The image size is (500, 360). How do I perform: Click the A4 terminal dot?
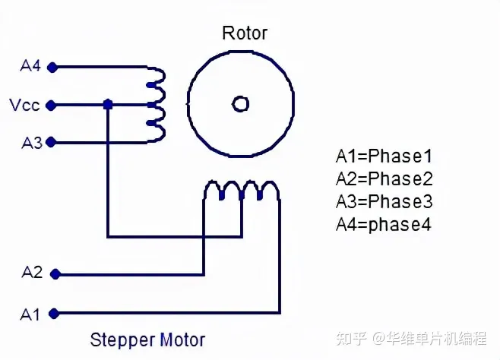(52, 68)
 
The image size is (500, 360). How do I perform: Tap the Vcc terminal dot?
(51, 105)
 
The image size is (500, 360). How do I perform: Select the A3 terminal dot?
(51, 142)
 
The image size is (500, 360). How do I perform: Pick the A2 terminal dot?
(55, 274)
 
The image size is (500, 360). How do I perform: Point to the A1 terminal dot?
(54, 314)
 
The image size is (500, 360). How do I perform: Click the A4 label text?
(30, 66)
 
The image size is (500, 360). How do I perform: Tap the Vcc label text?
(24, 105)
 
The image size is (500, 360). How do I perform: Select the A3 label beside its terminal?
(32, 143)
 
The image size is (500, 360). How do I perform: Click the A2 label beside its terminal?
(32, 273)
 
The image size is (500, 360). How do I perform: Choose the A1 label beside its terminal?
(30, 314)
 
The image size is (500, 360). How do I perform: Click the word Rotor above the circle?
(245, 33)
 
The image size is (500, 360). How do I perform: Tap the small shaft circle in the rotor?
(240, 104)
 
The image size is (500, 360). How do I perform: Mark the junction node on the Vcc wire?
(108, 105)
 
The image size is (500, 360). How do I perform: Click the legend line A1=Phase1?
(384, 156)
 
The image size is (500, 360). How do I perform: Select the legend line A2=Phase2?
(384, 178)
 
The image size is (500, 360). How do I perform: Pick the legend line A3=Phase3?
(384, 202)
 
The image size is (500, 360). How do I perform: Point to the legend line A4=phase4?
(384, 225)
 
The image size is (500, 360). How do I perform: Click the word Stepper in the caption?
(123, 340)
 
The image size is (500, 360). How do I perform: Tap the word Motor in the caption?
(182, 339)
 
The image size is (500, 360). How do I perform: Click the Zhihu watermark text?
(412, 338)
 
